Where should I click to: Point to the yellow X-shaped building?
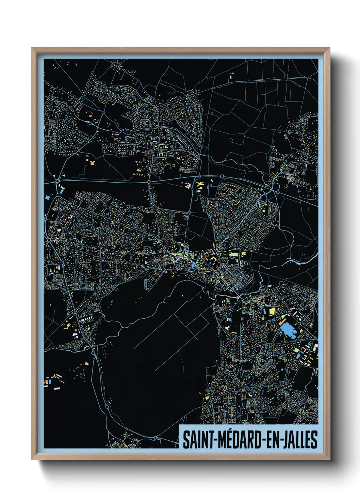[200, 184]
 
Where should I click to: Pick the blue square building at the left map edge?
[47, 197]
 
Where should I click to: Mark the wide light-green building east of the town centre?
[233, 254]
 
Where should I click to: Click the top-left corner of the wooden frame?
[32, 48]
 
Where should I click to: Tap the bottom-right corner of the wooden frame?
[329, 459]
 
